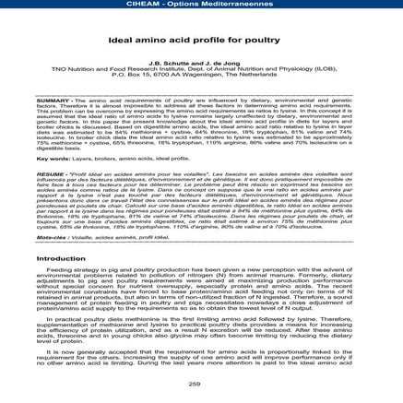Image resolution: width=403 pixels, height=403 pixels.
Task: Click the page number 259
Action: click(201, 384)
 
